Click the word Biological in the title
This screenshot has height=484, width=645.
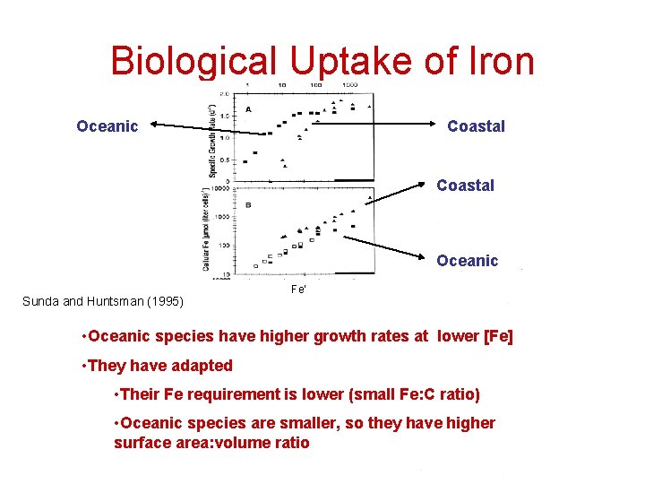(193, 61)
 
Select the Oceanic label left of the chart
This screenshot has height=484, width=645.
(107, 126)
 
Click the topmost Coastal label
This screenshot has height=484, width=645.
(476, 126)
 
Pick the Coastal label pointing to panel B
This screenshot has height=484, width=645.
(465, 186)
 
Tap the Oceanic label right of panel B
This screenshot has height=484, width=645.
(467, 261)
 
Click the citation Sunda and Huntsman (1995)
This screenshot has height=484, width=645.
(103, 301)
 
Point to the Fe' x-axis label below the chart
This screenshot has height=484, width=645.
(301, 289)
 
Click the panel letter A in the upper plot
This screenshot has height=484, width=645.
(248, 108)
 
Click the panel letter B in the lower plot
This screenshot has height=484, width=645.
(248, 205)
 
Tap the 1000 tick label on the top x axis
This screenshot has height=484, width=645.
(348, 85)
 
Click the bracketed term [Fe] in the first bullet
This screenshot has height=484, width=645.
(497, 336)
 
